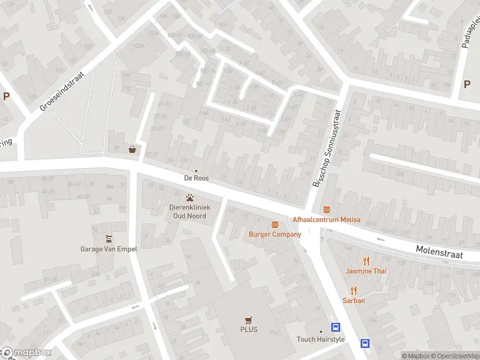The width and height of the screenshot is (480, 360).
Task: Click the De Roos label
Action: [196, 178]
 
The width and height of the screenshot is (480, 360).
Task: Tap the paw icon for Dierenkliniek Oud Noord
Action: [191, 197]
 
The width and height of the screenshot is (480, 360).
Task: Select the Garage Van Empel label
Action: [109, 249]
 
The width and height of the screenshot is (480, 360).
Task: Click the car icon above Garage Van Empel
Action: [109, 238]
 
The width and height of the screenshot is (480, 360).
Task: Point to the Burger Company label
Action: [275, 234]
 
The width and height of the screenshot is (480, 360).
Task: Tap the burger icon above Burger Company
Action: [275, 224]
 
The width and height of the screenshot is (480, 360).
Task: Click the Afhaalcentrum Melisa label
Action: [326, 220]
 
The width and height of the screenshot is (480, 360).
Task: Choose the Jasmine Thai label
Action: [366, 271]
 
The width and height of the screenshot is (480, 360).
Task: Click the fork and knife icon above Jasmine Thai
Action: [366, 260]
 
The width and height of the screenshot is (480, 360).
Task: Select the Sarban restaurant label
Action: [354, 301]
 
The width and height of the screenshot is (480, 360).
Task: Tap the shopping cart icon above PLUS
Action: [248, 320]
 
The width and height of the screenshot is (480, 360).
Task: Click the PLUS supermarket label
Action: [248, 330]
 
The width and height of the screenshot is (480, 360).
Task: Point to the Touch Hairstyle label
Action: [320, 340]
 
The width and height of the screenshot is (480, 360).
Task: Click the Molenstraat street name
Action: [439, 251]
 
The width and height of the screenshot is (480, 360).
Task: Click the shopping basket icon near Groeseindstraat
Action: [132, 149]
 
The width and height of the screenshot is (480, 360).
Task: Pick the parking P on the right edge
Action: [467, 84]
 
